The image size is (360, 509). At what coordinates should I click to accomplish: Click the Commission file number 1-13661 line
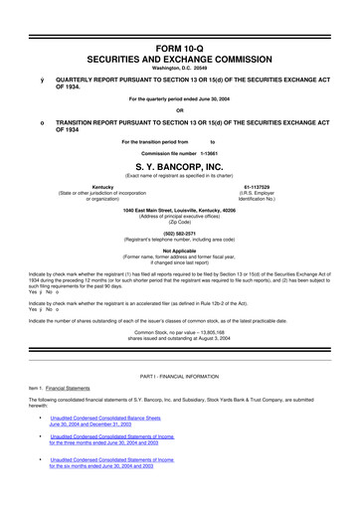pos(180,154)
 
